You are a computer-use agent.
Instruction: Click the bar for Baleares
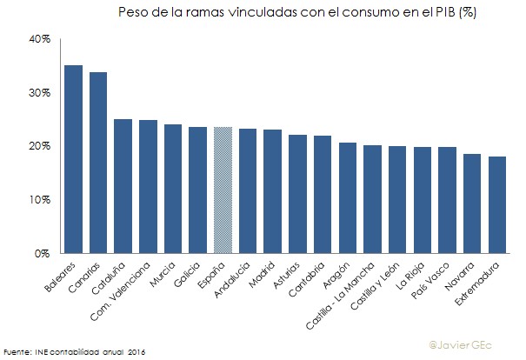pos(73,160)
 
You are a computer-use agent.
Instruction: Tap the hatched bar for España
pos(223,190)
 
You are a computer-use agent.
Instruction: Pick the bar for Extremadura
pos(498,205)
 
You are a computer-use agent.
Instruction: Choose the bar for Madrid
pos(273,191)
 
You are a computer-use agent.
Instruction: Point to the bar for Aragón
pos(348,198)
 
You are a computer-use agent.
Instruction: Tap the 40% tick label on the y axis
pos(40,39)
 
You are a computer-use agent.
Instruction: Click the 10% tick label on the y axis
pos(40,200)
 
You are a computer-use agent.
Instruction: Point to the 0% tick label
pos(43,254)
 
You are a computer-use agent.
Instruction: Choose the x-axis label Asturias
pos(291,274)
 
